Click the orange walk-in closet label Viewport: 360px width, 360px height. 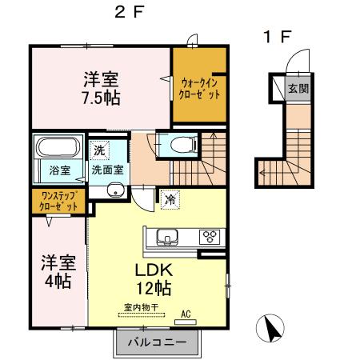pyautogui.click(x=199, y=87)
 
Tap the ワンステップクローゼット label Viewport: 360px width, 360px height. pyautogui.click(x=58, y=201)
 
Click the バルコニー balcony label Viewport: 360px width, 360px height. pyautogui.click(x=157, y=343)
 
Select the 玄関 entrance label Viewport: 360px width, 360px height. pyautogui.click(x=297, y=87)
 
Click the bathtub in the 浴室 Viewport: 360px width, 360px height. pyautogui.click(x=56, y=149)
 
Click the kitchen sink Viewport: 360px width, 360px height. pyautogui.click(x=167, y=237)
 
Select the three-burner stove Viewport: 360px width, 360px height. pyautogui.click(x=210, y=236)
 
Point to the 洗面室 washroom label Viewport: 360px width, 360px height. pyautogui.click(x=106, y=170)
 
